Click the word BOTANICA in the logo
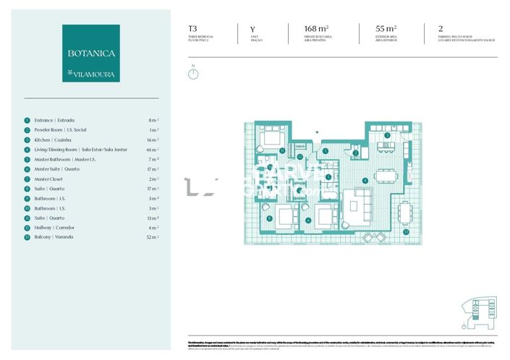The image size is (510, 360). [91, 53]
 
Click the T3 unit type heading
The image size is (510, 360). [193, 30]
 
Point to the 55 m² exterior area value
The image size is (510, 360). [387, 30]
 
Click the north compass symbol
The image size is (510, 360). [193, 73]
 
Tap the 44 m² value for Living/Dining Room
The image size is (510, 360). [153, 150]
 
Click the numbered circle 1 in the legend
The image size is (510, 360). [27, 120]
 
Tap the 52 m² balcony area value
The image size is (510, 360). [153, 237]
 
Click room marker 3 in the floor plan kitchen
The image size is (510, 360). [387, 135]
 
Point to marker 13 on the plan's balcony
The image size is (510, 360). [406, 232]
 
